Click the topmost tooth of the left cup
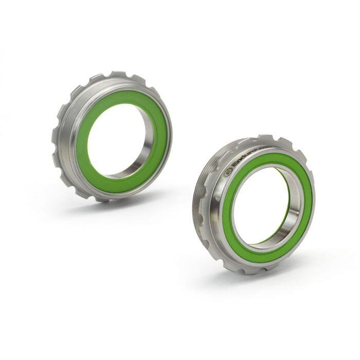point(119,75)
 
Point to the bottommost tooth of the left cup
point(101,198)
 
